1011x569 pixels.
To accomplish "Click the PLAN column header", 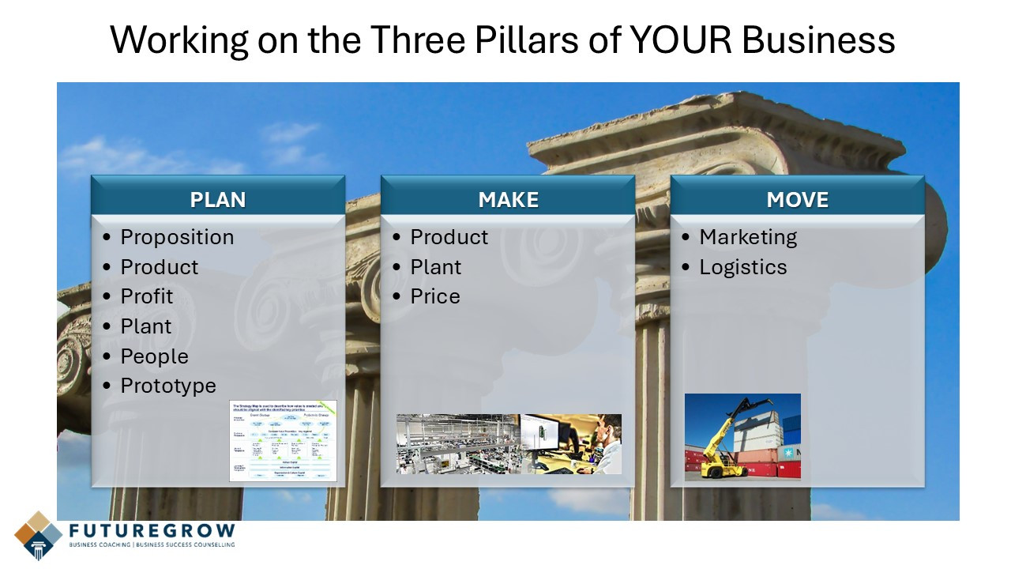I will click(x=218, y=200).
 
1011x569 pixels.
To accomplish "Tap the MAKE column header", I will click(x=508, y=200).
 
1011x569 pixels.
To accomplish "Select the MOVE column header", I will click(x=797, y=200).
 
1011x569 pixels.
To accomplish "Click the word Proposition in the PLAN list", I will click(x=177, y=237).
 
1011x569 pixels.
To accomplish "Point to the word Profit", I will click(x=146, y=296).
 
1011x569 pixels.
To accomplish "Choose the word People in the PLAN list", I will click(x=154, y=356).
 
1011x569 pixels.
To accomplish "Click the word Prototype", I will click(x=168, y=386).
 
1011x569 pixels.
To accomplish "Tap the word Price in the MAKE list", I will click(x=435, y=296).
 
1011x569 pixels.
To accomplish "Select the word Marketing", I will click(x=748, y=237).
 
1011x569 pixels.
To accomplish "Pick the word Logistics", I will click(x=743, y=267).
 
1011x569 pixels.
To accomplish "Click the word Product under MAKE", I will click(x=449, y=237).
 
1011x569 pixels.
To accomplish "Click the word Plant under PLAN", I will click(x=146, y=326).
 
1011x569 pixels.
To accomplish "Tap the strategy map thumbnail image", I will click(x=283, y=440).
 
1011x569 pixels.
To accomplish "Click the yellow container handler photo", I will click(x=742, y=436).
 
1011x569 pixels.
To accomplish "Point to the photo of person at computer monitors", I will click(x=571, y=443).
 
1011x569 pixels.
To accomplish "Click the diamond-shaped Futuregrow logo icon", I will click(x=38, y=535).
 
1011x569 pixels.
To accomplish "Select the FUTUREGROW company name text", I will click(x=151, y=530).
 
